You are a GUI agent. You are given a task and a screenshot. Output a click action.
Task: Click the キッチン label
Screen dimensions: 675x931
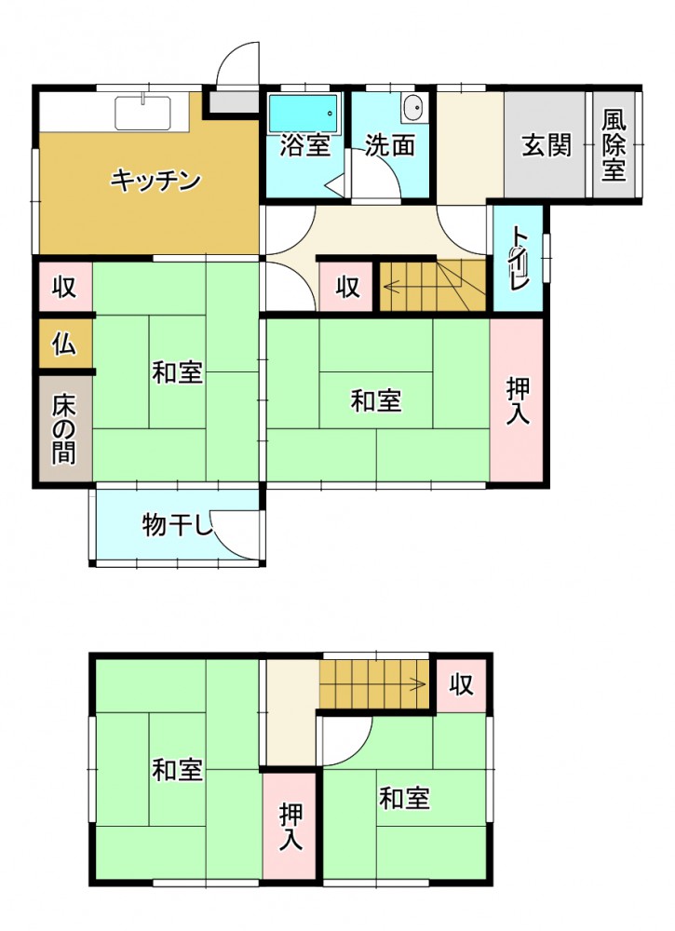coord(156,180)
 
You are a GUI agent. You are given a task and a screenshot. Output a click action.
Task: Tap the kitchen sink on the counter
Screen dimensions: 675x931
coord(142,113)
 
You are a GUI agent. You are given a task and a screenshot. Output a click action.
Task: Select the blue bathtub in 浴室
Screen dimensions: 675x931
coord(304,113)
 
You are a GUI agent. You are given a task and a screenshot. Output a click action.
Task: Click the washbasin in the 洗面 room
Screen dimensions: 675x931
coord(413,108)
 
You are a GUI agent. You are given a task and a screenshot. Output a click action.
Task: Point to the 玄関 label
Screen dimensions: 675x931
coord(547,145)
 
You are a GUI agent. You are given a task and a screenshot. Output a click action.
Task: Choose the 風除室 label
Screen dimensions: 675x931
coord(614,145)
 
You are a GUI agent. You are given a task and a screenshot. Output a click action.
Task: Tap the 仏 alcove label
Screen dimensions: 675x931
coord(64,344)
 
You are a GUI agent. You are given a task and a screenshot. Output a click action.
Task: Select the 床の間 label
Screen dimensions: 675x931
coord(64,429)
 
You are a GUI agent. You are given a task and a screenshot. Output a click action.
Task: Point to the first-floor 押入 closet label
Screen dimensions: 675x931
coord(517,402)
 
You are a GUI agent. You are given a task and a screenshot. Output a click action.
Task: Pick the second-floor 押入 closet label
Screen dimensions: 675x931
coord(290,826)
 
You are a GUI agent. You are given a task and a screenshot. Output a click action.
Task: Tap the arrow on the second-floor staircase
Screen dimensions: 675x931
coord(373,684)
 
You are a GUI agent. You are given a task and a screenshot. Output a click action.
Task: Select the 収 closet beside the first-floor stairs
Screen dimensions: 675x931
coord(348,288)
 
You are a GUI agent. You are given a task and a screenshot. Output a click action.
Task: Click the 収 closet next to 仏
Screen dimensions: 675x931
coord(64,288)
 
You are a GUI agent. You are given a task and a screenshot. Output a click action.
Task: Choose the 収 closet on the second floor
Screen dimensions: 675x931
coord(461,684)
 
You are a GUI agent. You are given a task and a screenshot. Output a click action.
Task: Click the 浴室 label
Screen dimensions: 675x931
coord(304,145)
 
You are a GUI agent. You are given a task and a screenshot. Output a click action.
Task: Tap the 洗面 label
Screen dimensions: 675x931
coord(390,145)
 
